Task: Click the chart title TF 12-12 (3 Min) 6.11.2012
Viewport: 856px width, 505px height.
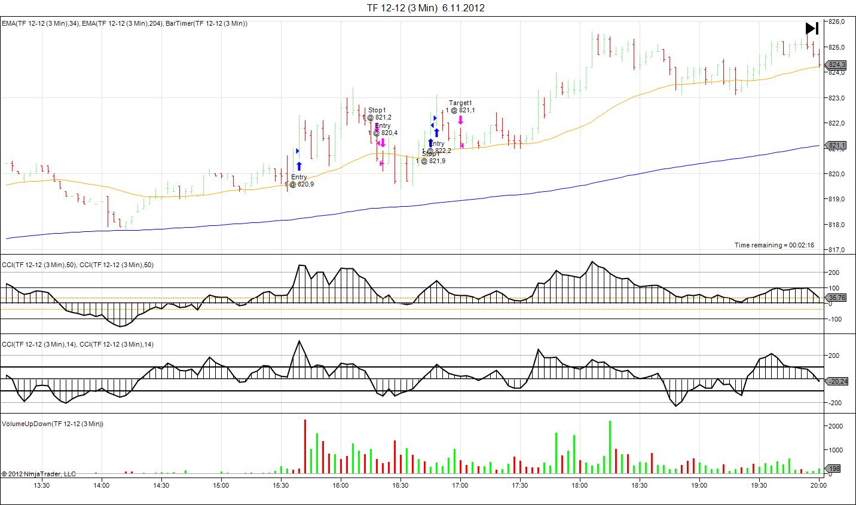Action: coord(426,8)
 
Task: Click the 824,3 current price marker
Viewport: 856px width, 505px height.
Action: coord(836,65)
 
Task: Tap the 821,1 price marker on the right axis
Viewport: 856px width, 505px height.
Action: coord(836,145)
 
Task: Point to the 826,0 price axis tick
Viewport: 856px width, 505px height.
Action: coord(837,22)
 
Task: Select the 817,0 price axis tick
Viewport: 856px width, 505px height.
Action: coord(837,250)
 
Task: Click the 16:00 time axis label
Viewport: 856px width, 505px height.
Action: coord(341,485)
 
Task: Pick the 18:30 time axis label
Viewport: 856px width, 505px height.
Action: coord(640,485)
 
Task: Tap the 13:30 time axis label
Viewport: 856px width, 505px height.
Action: coord(42,485)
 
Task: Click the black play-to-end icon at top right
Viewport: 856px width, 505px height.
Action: coord(811,28)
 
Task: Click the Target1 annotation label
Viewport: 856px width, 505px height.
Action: coord(460,103)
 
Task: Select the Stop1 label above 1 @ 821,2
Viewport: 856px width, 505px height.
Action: coord(377,110)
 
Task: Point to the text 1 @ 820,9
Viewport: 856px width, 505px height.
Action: coord(299,184)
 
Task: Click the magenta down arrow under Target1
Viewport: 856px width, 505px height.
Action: coord(460,120)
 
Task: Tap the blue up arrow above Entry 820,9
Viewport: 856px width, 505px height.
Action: coord(299,166)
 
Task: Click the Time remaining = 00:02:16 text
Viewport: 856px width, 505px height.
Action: coord(774,245)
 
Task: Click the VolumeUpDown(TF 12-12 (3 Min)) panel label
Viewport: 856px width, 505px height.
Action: coord(53,424)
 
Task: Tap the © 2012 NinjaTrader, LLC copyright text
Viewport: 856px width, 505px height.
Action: coord(39,474)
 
